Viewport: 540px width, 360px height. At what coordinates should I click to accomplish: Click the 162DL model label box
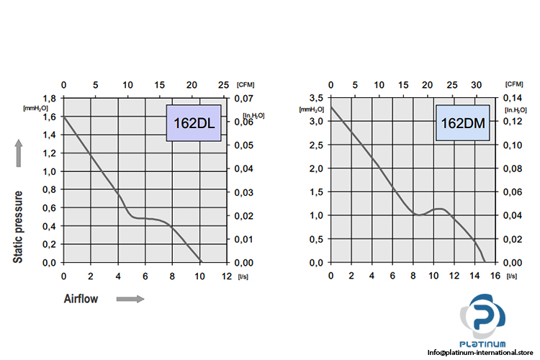194,123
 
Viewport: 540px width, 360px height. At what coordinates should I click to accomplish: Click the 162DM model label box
462,123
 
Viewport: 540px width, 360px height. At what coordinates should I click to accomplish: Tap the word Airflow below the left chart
81,299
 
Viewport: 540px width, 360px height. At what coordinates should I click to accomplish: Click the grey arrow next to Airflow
130,299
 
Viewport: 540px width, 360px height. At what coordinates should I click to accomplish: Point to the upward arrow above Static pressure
19,153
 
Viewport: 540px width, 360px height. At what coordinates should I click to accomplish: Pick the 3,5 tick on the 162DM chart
315,98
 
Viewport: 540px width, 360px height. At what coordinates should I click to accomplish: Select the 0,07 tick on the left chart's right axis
246,98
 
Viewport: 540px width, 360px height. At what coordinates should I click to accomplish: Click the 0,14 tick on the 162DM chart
513,98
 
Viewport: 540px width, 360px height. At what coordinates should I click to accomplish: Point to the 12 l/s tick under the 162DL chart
226,276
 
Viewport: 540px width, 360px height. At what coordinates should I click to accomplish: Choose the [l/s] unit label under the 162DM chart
512,276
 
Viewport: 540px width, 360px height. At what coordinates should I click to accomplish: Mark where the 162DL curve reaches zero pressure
202,261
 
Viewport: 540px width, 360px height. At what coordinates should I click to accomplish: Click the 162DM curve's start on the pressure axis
330,107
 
